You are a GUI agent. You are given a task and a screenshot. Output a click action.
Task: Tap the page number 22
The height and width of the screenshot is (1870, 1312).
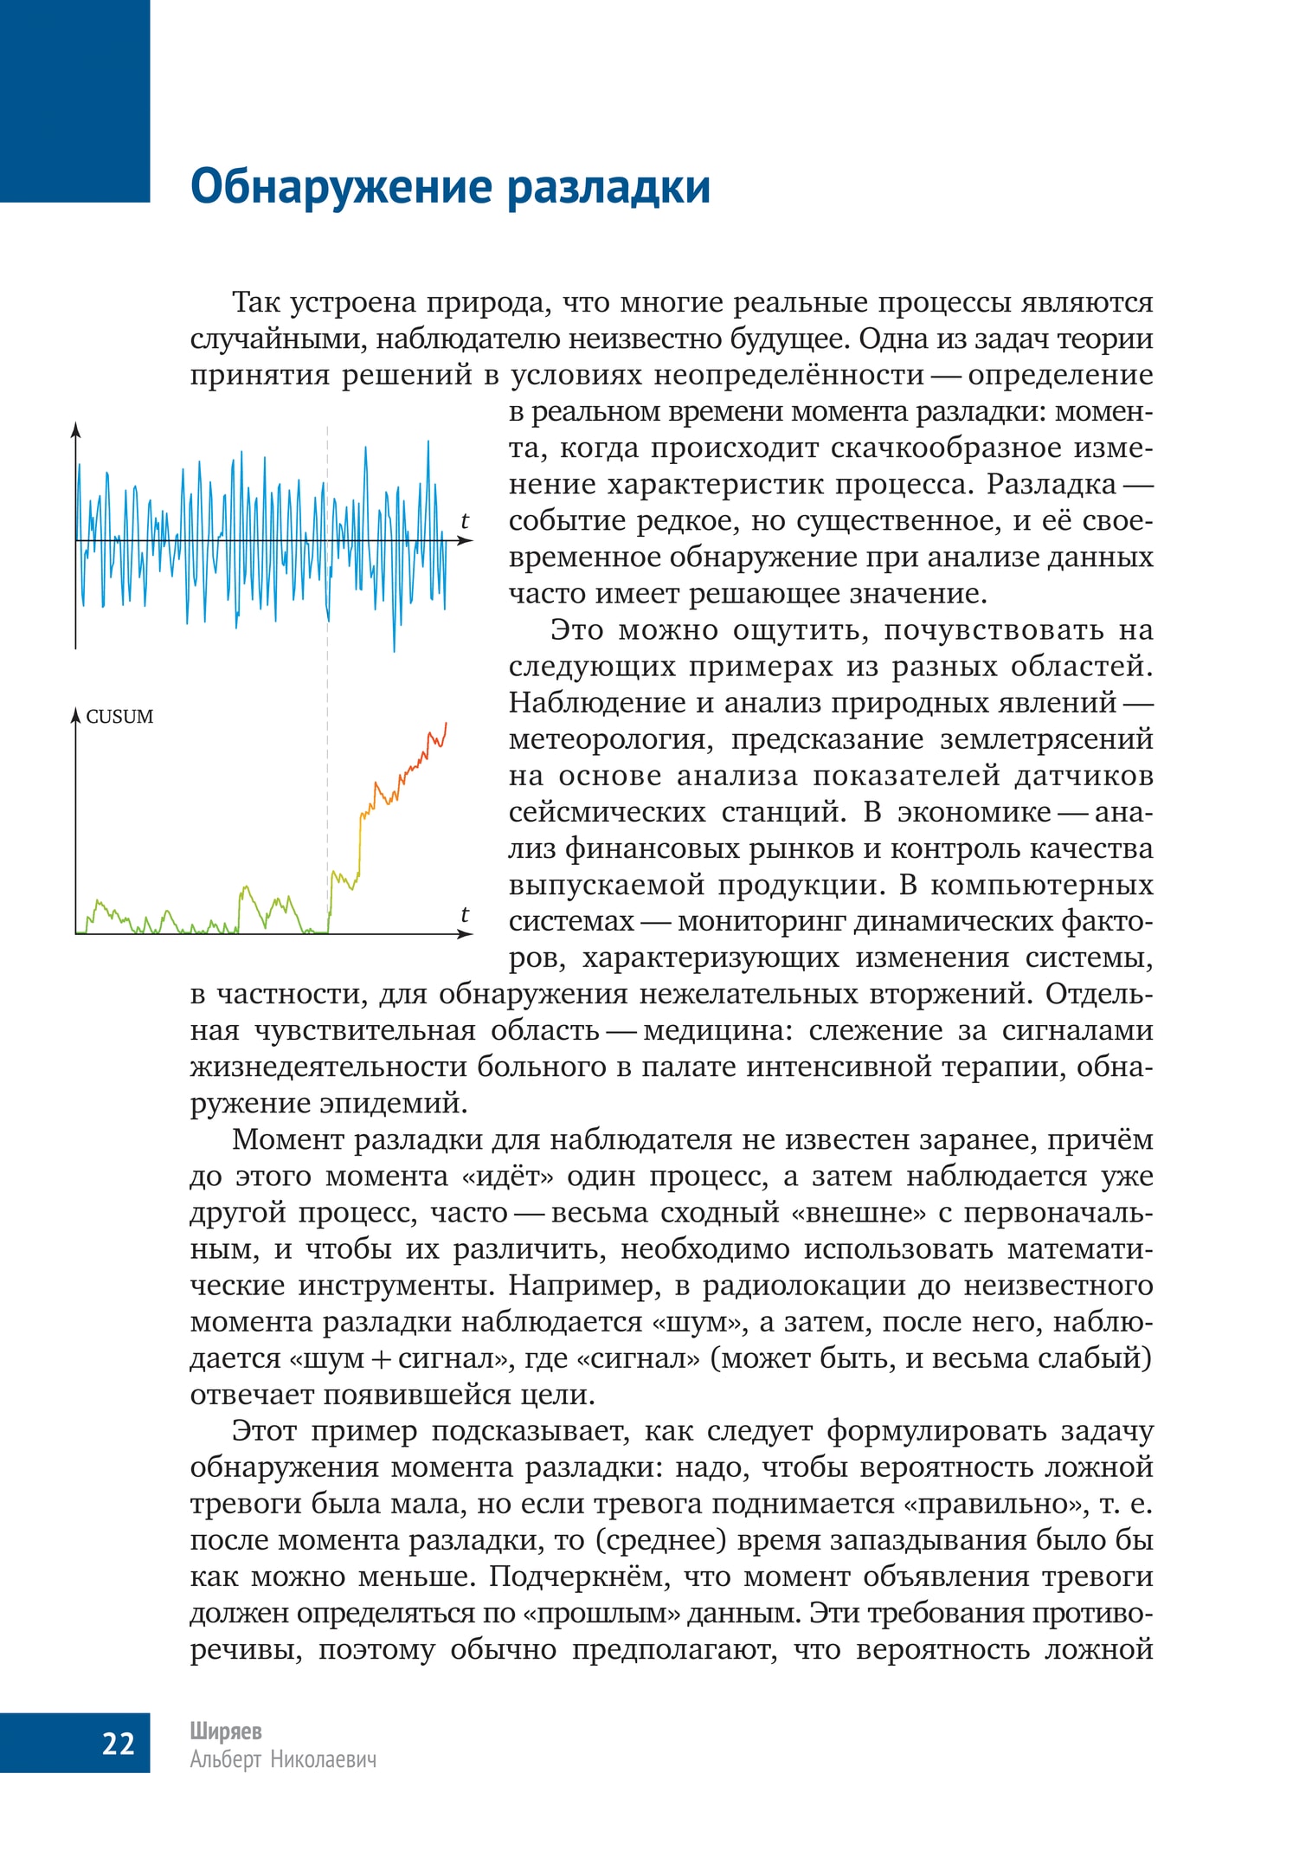[118, 1743]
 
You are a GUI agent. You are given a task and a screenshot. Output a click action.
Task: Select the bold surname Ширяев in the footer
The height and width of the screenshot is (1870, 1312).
[226, 1731]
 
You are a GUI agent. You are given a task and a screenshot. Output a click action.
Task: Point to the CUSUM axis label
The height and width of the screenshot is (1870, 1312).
[119, 717]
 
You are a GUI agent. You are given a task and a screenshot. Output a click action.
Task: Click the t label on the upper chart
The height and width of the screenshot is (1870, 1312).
[464, 521]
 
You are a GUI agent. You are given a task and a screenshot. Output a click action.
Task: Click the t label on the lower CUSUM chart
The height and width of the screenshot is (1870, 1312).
[464, 914]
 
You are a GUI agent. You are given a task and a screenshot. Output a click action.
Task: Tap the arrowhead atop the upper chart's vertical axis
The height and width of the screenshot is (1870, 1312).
[76, 429]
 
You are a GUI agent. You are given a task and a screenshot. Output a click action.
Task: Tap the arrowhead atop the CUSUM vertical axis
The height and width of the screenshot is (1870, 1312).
[76, 713]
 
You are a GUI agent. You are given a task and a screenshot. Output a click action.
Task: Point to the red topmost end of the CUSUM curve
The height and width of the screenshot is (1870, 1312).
[446, 724]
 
